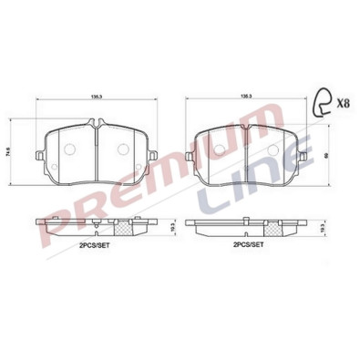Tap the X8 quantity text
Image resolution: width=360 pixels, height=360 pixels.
coord(342,103)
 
